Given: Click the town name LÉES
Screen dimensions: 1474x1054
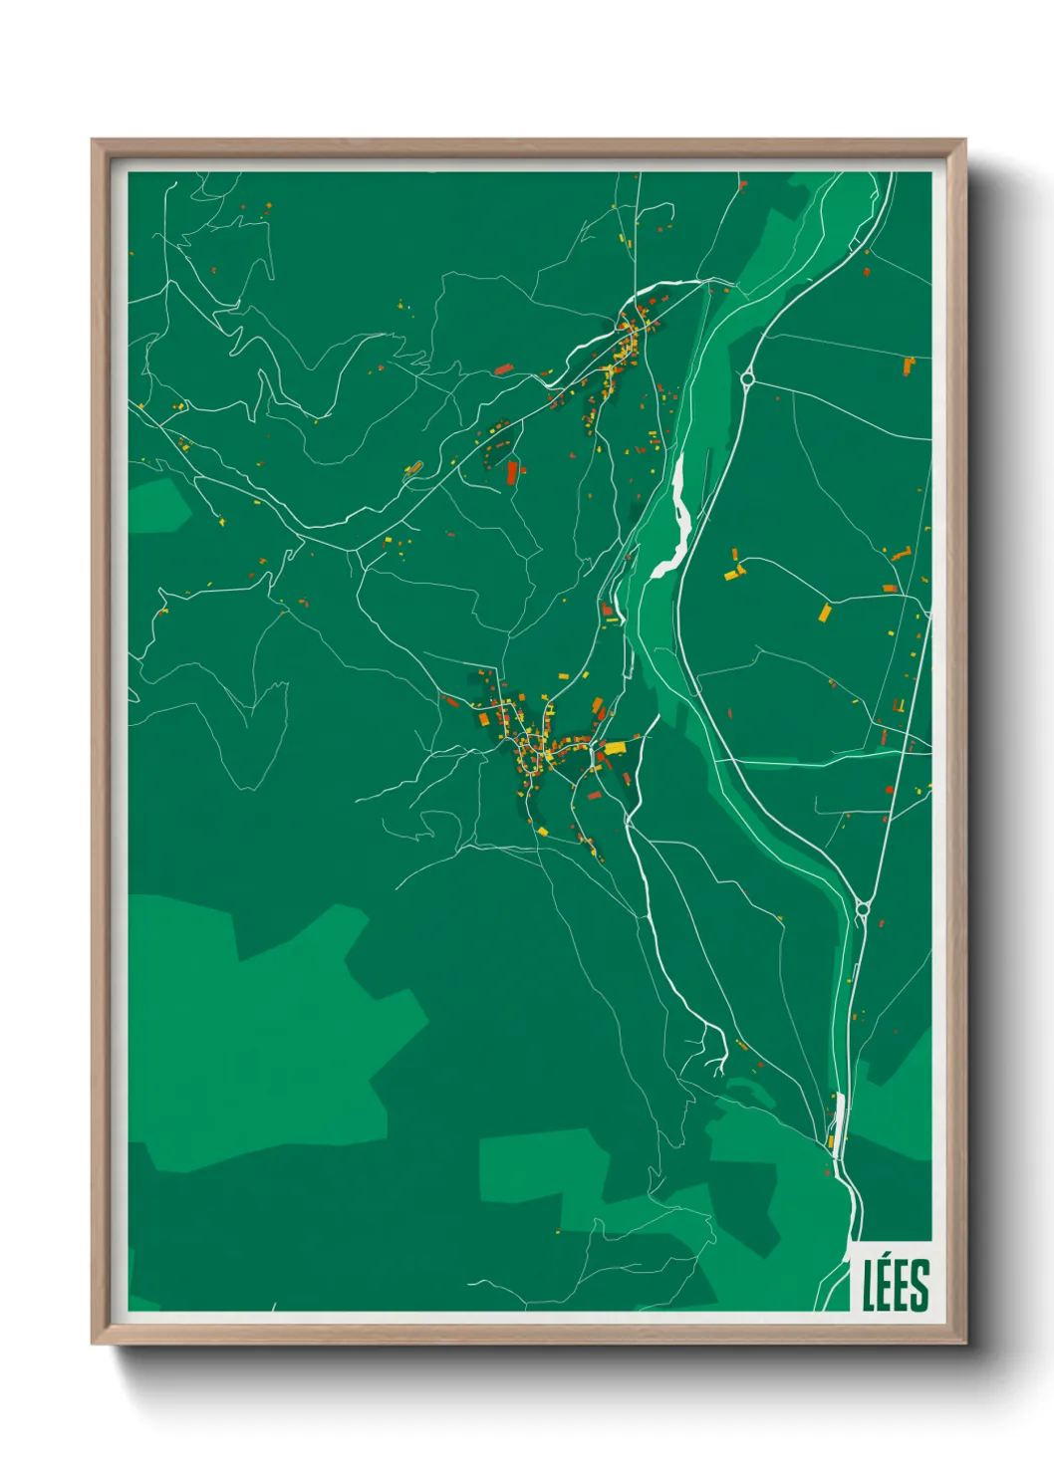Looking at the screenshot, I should (x=896, y=1285).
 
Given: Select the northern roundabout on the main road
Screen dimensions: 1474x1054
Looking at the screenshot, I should (x=747, y=377).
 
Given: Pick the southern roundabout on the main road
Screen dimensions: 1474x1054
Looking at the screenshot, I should (x=862, y=907).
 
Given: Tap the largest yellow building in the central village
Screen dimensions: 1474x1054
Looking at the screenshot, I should (x=615, y=746).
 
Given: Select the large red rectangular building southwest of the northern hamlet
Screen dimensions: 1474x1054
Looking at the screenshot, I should (x=513, y=471).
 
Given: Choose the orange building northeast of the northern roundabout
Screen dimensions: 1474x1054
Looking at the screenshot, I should (x=909, y=366).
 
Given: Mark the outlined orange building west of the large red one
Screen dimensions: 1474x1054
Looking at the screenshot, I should (x=413, y=468).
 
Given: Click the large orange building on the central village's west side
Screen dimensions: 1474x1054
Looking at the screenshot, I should (x=482, y=718).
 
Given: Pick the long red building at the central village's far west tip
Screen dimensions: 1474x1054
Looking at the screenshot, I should (x=450, y=701).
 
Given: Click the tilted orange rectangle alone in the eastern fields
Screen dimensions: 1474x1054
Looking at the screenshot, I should (x=824, y=612).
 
